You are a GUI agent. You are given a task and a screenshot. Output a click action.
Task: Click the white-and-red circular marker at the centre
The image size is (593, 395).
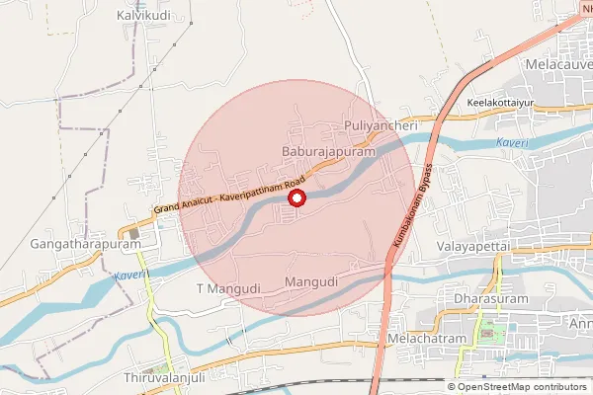pyautogui.click(x=296, y=198)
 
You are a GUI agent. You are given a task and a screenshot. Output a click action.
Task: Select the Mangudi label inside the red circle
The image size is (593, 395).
pyautogui.click(x=311, y=282)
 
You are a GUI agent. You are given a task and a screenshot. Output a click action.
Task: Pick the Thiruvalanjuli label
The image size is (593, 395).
pyautogui.click(x=163, y=379)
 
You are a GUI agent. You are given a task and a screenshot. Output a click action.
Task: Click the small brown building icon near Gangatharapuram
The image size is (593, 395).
pyautogui.click(x=133, y=234)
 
